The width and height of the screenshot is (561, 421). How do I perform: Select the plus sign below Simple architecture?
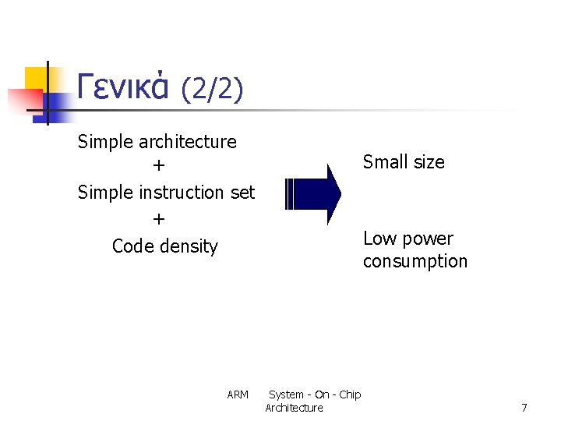(x=159, y=166)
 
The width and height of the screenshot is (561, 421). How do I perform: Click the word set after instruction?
(x=242, y=193)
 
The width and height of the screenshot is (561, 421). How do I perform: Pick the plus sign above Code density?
(x=159, y=219)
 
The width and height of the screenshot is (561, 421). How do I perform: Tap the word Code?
(x=133, y=246)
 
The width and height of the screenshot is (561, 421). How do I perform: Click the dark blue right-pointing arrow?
(x=313, y=194)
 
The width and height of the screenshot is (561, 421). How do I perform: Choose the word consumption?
(x=415, y=262)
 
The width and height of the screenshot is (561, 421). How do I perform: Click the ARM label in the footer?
(x=238, y=394)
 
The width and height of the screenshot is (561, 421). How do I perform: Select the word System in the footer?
(x=286, y=394)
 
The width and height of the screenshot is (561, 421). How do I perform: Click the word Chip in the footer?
(x=350, y=394)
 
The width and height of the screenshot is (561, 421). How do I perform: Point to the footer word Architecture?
(x=294, y=408)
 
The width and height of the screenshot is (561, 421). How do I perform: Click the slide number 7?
(x=524, y=408)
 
